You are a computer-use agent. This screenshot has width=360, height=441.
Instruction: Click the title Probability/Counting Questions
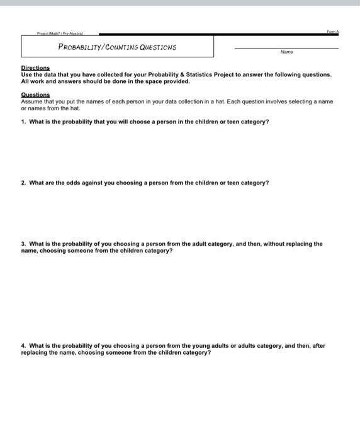point(117,47)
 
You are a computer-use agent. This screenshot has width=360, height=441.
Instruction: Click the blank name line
point(286,48)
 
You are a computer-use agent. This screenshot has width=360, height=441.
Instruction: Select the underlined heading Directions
point(35,68)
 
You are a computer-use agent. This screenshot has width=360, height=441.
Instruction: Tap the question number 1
point(23,122)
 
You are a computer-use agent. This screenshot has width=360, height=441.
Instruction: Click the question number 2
point(23,183)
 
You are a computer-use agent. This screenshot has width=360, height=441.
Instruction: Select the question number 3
point(23,243)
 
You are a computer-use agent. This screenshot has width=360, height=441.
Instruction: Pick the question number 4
point(23,345)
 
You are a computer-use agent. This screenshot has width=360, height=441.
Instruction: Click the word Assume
point(31,101)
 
